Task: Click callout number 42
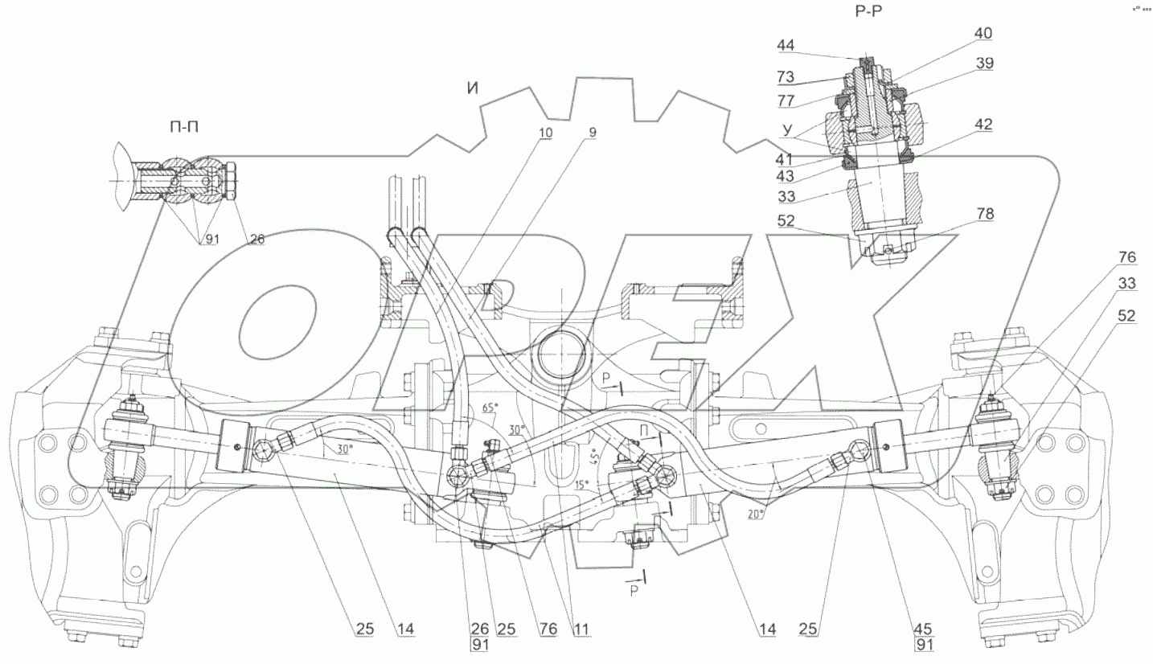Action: pos(983,125)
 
